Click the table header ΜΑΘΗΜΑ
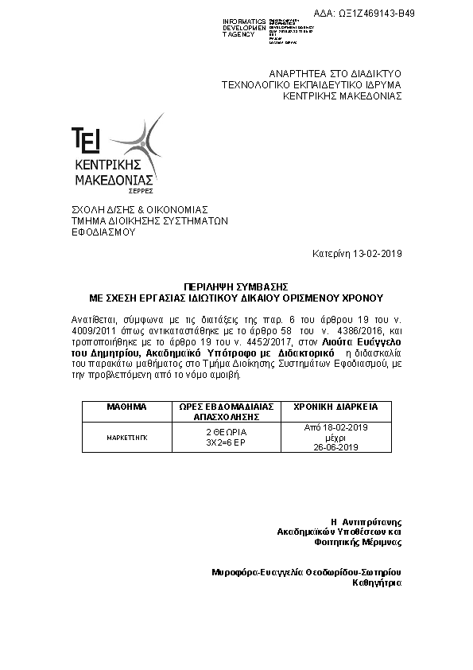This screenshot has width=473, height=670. point(126,406)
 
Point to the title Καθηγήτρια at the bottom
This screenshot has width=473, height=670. point(377,582)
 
